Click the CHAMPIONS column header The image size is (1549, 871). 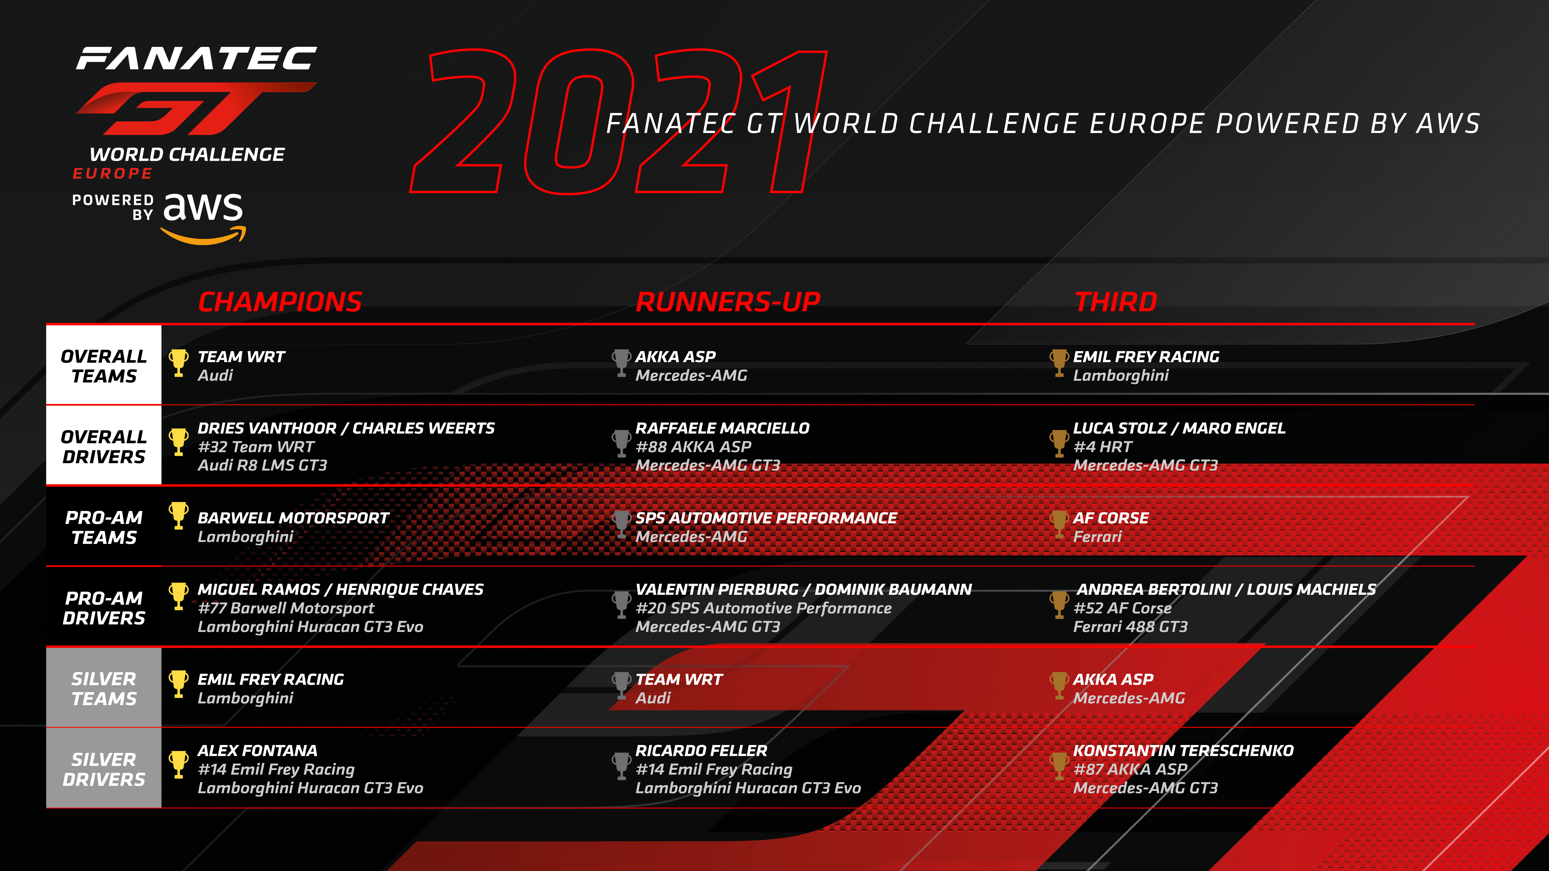coord(280,302)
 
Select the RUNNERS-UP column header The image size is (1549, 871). coord(728,302)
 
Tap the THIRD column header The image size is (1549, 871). coord(1116,302)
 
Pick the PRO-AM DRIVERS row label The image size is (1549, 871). coord(104,608)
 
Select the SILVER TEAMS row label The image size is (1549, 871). coord(104,688)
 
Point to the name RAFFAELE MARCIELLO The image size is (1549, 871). coord(722,428)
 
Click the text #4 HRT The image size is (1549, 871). coord(1103,447)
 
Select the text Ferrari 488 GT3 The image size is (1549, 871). coord(1131,626)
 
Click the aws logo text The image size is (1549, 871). coord(203,218)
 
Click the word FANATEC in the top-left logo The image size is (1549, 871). coord(197,58)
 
